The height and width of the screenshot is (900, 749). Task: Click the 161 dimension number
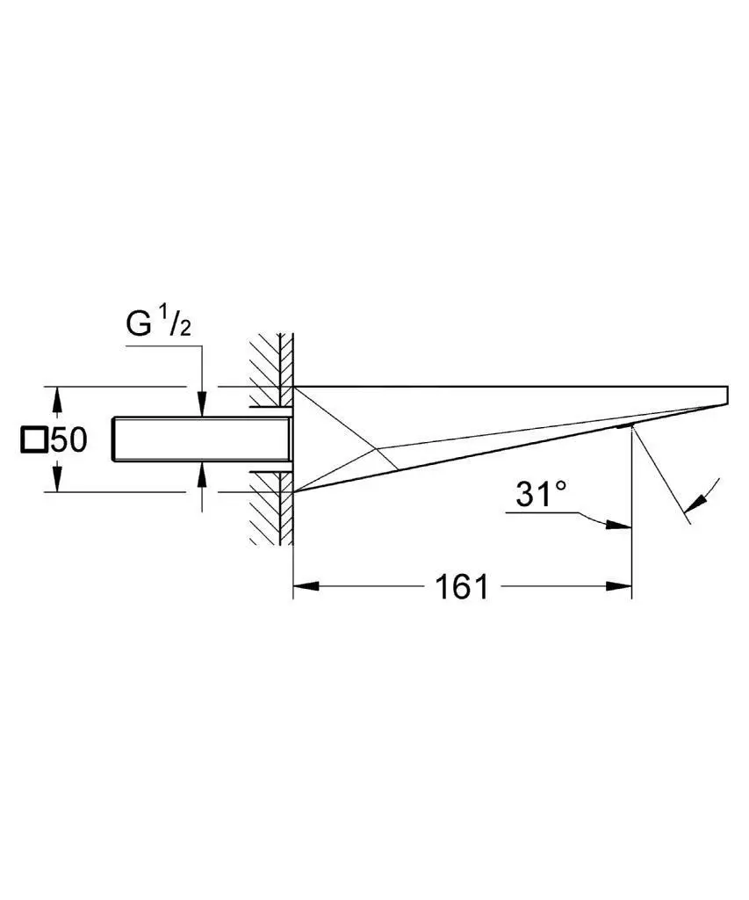(x=462, y=586)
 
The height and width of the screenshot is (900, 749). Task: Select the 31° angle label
(x=540, y=495)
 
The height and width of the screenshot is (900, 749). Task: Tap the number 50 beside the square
(x=68, y=440)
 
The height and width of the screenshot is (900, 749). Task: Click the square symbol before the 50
(x=33, y=440)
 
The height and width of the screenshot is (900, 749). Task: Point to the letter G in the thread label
(x=138, y=324)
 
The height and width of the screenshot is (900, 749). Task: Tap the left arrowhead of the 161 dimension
(x=306, y=586)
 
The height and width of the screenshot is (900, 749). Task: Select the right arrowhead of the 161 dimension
(x=619, y=586)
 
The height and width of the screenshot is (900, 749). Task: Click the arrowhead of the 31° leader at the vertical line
(x=619, y=525)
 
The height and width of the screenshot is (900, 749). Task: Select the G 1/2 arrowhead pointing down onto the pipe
(x=201, y=403)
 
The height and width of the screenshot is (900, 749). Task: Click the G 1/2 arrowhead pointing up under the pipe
(x=201, y=475)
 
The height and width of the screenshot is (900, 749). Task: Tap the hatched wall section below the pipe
(x=271, y=508)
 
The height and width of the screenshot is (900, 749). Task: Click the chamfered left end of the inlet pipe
(x=114, y=439)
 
